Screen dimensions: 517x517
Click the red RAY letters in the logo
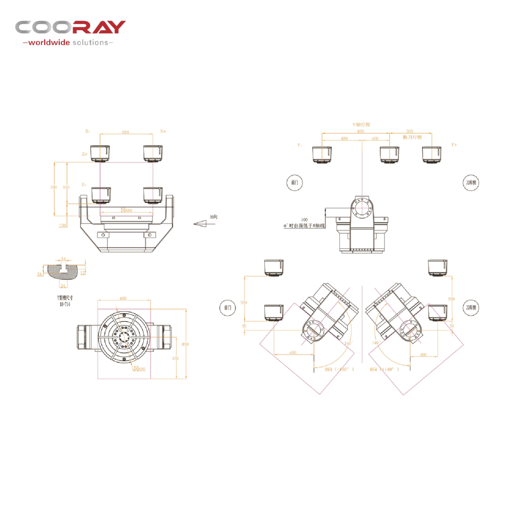pyautogui.click(x=99, y=27)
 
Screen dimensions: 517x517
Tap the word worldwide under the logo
pyautogui.click(x=49, y=43)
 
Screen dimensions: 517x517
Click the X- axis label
pyautogui.click(x=87, y=131)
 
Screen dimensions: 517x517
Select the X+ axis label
pyautogui.click(x=163, y=131)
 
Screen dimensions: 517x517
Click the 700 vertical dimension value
pyautogui.click(x=53, y=187)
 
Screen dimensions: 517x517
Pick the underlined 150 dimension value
pyautogui.click(x=62, y=225)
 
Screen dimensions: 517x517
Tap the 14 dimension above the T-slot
pyautogui.click(x=63, y=259)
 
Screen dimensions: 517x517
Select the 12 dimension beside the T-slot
pyautogui.click(x=83, y=273)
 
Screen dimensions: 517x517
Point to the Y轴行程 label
pyautogui.click(x=361, y=124)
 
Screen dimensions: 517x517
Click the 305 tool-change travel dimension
pyautogui.click(x=410, y=131)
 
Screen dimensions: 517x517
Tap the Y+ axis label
pyautogui.click(x=454, y=145)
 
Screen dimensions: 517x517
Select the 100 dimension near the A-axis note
pyautogui.click(x=304, y=220)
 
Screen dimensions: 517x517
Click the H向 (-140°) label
pyautogui.click(x=339, y=369)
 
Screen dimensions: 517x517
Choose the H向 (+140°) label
pyautogui.click(x=384, y=369)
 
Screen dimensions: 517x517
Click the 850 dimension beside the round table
pyautogui.click(x=185, y=344)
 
